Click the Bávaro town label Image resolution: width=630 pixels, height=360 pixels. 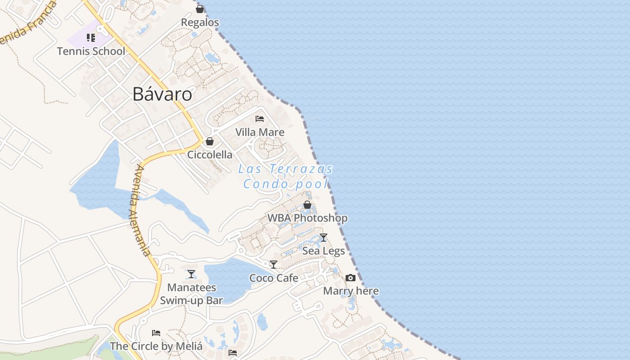click(162, 94)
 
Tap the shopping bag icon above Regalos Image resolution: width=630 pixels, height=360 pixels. click(200, 9)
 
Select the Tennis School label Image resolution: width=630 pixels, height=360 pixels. click(91, 51)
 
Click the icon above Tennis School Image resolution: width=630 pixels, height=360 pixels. click(91, 38)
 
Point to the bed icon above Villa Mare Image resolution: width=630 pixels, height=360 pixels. click(260, 119)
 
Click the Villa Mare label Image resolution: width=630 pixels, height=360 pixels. click(260, 132)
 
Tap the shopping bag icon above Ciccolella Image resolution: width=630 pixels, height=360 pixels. click(209, 141)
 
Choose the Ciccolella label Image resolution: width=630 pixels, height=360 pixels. click(210, 155)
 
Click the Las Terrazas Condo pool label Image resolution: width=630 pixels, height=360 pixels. click(286, 176)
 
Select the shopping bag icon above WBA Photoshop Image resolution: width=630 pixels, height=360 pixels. click(307, 205)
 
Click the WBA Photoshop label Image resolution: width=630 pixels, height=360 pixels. click(307, 218)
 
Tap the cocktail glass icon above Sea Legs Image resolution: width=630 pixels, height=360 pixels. click(324, 238)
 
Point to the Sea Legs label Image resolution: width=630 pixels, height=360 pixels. click(324, 251)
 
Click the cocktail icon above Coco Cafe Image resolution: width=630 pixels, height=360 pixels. click(274, 265)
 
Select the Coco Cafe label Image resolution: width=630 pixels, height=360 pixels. click(274, 278)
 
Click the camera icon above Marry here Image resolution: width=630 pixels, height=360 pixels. click(351, 278)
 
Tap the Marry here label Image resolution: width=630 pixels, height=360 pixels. click(351, 291)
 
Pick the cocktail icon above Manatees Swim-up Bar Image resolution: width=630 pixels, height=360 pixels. click(191, 274)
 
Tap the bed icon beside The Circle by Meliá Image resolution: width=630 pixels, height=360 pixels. click(156, 333)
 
